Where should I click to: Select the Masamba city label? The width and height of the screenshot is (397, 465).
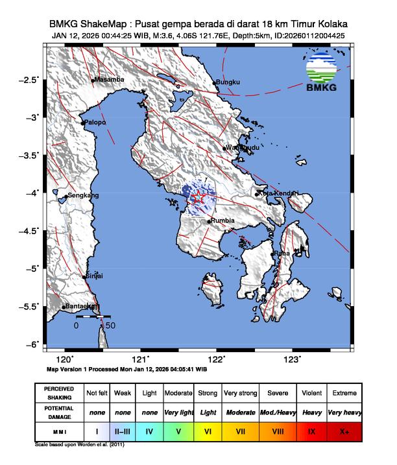pos(109,80)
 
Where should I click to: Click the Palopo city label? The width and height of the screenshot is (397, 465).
pos(93,122)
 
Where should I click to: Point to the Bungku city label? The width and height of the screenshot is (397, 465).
pos(228,82)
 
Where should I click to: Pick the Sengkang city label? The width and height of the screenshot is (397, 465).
pos(84,195)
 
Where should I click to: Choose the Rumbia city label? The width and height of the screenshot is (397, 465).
pos(223,221)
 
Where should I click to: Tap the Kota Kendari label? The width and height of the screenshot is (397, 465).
pos(278,193)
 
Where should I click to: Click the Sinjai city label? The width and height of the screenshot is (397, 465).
pos(95,276)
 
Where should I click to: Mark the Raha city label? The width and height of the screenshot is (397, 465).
pos(282,253)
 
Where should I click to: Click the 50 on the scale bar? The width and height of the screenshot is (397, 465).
pos(110,326)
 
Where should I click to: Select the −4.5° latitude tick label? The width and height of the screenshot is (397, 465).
pos(30,230)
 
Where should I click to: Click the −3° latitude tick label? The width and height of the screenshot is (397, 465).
pos(32,117)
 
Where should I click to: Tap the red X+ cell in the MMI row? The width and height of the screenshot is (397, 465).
pos(343,430)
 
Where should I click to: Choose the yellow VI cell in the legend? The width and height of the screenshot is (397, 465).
pos(208,430)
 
